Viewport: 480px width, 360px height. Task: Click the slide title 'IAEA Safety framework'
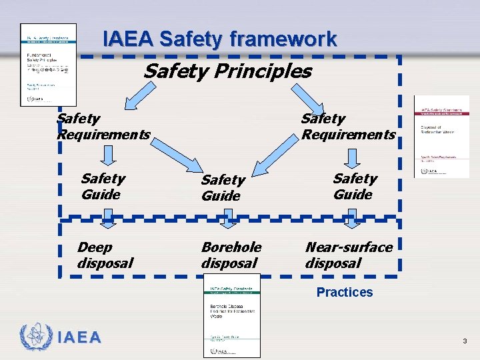click(x=220, y=39)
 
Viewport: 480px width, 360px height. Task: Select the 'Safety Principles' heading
click(x=227, y=71)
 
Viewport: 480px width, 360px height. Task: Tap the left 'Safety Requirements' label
click(x=103, y=127)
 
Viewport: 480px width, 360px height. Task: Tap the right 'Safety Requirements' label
click(x=347, y=127)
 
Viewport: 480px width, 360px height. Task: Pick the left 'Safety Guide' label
click(x=102, y=187)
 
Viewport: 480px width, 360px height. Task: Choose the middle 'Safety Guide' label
click(x=223, y=188)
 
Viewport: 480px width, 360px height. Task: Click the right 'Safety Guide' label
click(x=354, y=187)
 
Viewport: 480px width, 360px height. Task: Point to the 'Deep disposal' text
click(x=105, y=255)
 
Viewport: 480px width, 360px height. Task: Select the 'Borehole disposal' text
click(x=231, y=255)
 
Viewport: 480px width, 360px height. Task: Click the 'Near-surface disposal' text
click(x=349, y=255)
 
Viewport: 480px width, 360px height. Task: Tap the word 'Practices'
click(x=345, y=292)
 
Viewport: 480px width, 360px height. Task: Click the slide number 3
click(x=465, y=341)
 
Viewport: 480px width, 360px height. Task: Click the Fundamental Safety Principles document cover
click(x=48, y=65)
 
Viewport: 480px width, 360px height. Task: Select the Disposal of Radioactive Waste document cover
click(x=441, y=137)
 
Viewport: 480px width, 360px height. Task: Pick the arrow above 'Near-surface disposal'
click(x=353, y=215)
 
